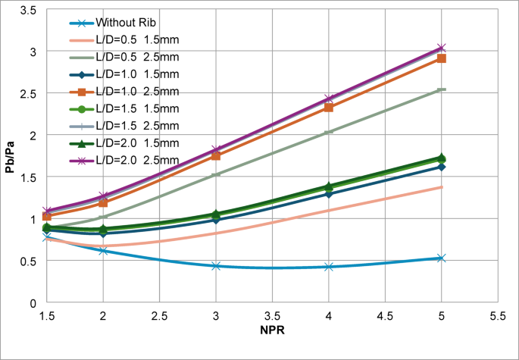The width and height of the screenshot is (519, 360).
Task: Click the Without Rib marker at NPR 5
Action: point(441,258)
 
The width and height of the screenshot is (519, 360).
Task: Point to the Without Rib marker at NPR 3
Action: point(216,266)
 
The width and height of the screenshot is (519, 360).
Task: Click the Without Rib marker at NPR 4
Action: point(328,267)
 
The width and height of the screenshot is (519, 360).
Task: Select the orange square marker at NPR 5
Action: point(441,58)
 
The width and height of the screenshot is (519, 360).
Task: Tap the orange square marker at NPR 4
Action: point(328,108)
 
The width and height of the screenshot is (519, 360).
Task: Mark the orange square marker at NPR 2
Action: point(103,203)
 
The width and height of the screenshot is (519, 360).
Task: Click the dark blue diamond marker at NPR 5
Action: point(441,167)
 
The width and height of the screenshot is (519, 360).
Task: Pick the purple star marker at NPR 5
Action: point(441,49)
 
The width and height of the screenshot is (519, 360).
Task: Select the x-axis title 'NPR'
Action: point(271,330)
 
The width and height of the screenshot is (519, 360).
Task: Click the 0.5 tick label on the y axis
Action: point(30,261)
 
